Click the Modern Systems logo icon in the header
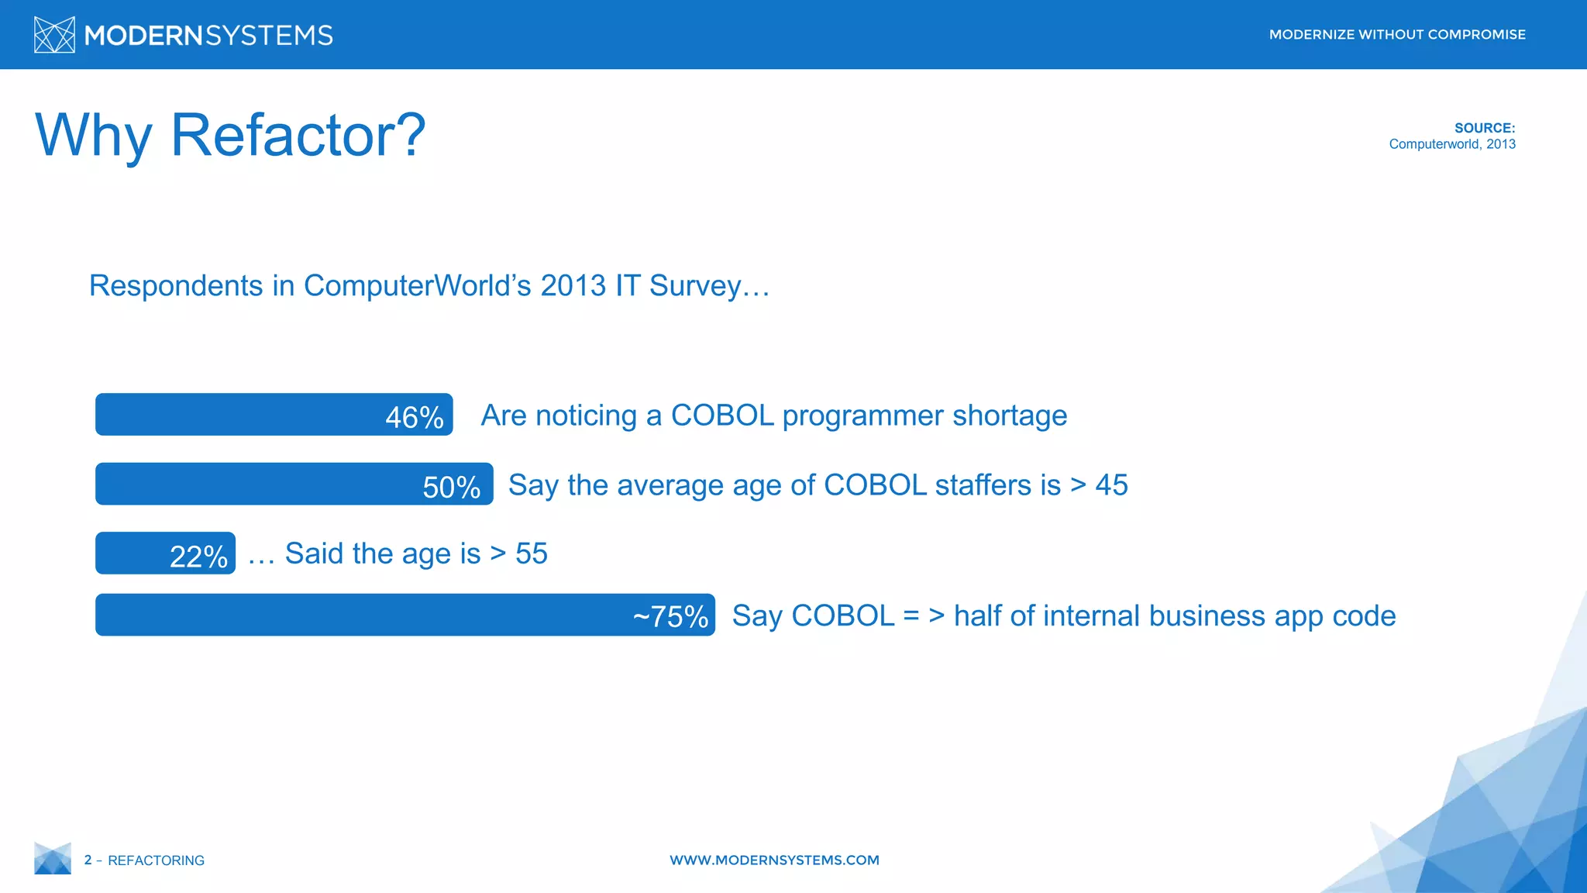tap(54, 35)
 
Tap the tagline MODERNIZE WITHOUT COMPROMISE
tap(1396, 35)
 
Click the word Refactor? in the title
tap(298, 136)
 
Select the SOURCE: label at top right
tap(1484, 128)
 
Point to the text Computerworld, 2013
tap(1451, 144)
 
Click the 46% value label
tap(415, 417)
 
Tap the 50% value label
tap(451, 487)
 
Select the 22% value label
tap(198, 557)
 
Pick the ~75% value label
tap(670, 616)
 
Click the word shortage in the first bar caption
tap(1010, 415)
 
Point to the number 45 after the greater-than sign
tap(1111, 485)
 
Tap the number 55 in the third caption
tap(532, 553)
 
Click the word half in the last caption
tap(978, 615)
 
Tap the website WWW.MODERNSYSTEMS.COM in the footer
tap(774, 860)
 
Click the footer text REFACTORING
tap(156, 860)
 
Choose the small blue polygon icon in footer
tap(53, 859)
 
